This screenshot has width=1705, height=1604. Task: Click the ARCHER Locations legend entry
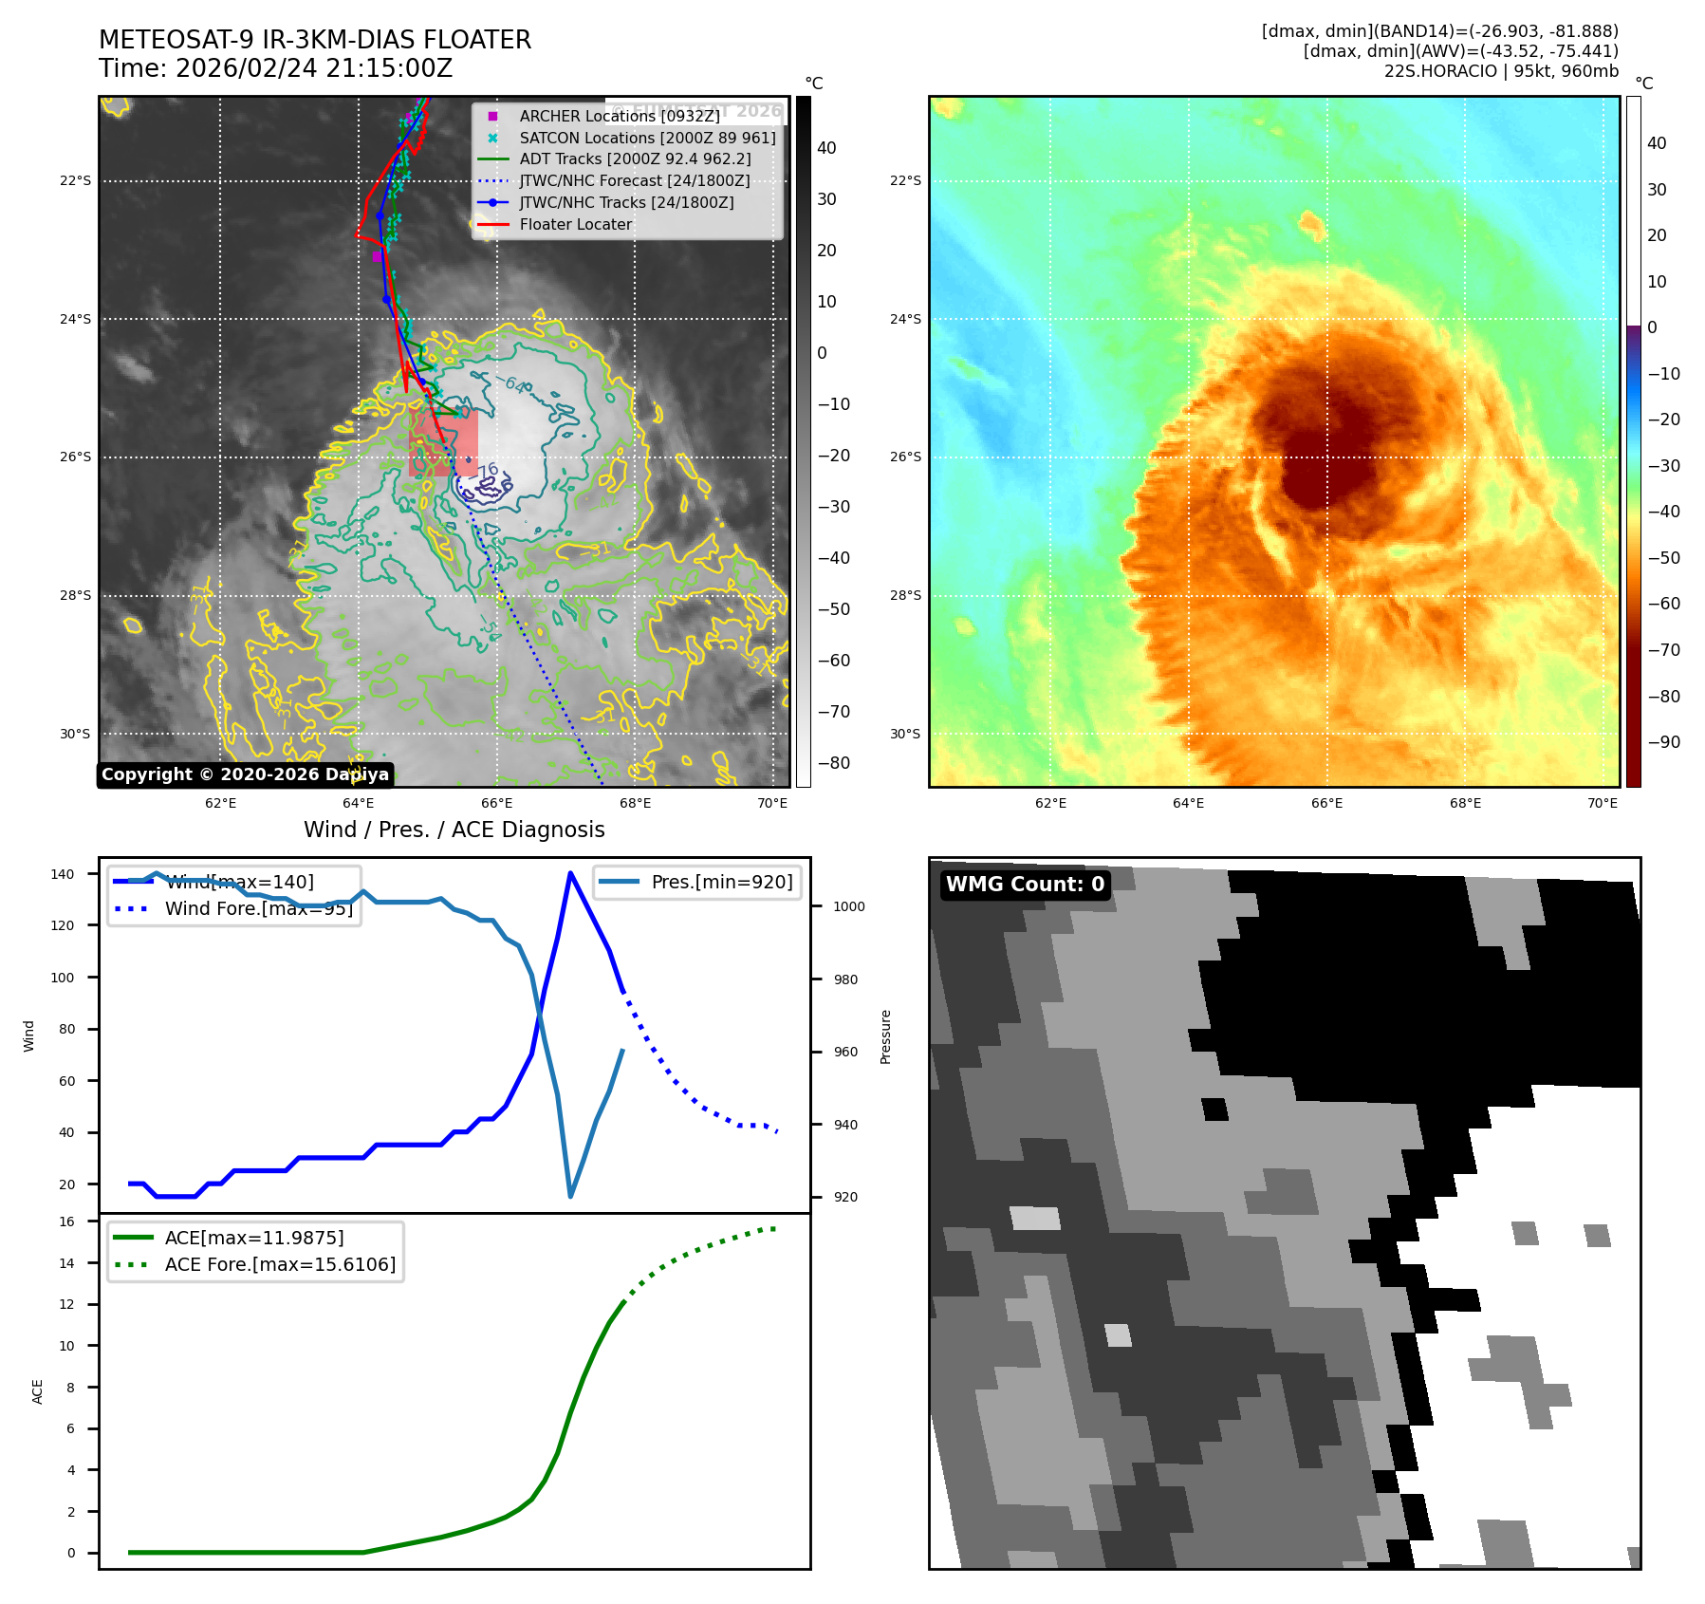point(619,116)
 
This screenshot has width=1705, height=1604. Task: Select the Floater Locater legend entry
point(575,224)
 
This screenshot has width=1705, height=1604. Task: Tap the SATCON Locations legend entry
point(647,138)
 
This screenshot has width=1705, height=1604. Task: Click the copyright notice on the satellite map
point(245,774)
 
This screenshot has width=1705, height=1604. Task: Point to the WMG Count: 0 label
point(1025,885)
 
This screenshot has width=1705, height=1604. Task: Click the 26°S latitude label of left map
point(76,457)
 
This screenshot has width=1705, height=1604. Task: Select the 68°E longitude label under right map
point(1465,803)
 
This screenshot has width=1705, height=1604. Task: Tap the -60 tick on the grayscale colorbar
point(834,661)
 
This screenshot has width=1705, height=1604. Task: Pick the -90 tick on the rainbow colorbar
point(1663,742)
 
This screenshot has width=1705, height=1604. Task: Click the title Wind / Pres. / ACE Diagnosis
point(454,830)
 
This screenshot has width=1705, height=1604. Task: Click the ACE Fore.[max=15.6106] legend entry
point(280,1264)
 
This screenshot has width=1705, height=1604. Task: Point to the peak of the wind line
point(570,873)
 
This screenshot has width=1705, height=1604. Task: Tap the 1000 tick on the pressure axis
point(848,906)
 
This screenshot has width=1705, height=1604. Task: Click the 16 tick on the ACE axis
point(67,1222)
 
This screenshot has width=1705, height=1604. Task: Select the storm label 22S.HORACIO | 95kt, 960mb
point(1501,71)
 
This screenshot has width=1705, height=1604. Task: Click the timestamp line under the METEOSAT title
point(275,68)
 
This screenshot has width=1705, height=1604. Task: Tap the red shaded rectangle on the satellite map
point(443,443)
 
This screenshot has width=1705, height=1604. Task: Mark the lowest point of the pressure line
point(570,1196)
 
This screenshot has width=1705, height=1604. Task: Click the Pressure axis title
point(885,1036)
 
